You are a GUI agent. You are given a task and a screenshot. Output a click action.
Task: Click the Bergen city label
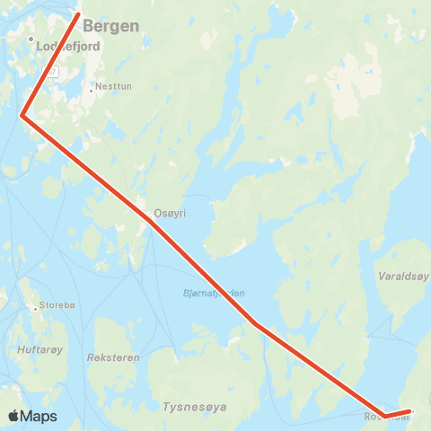pyautogui.click(x=111, y=26)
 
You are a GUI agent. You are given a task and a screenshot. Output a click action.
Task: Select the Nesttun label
pyautogui.click(x=110, y=89)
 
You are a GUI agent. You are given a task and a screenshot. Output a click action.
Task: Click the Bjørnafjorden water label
pyautogui.click(x=214, y=294)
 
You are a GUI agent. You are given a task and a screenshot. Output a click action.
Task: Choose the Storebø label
pyautogui.click(x=58, y=307)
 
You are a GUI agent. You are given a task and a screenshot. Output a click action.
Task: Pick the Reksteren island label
pyautogui.click(x=114, y=357)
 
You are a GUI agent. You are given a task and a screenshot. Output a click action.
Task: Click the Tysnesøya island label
pyautogui.click(x=194, y=407)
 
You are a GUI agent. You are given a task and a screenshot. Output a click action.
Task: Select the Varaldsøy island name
pyautogui.click(x=404, y=277)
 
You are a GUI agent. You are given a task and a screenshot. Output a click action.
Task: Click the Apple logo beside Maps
pyautogui.click(x=14, y=417)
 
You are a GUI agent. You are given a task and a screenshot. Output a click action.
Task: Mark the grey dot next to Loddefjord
pyautogui.click(x=31, y=40)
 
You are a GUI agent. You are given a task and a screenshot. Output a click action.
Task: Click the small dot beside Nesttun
pyautogui.click(x=92, y=89)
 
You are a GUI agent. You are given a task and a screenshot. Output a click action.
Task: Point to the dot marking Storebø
pyautogui.click(x=36, y=308)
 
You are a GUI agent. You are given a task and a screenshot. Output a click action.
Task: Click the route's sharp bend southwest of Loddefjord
pyautogui.click(x=22, y=115)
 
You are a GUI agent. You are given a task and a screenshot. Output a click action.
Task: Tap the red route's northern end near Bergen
pyautogui.click(x=79, y=13)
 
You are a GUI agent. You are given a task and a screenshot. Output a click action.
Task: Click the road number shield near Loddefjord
pyautogui.click(x=54, y=72)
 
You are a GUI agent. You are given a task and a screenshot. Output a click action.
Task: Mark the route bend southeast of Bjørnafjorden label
pyautogui.click(x=255, y=323)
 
